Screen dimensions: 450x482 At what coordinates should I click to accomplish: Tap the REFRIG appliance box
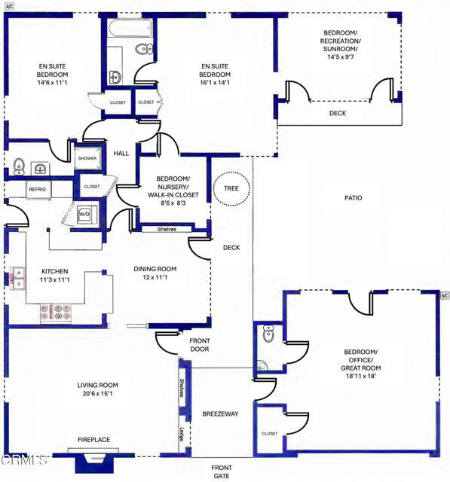click(x=38, y=190)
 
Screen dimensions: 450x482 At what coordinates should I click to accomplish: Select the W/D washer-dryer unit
click(x=84, y=214)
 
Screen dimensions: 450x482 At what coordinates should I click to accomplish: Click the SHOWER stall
click(x=87, y=158)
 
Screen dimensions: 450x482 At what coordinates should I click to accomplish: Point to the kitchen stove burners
click(x=56, y=312)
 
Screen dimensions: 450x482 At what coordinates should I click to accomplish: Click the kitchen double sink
click(x=17, y=279)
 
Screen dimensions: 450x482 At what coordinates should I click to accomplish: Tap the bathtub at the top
click(x=130, y=29)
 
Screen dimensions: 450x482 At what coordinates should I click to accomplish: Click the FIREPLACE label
click(x=93, y=440)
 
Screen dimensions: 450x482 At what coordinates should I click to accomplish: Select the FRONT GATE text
click(x=222, y=472)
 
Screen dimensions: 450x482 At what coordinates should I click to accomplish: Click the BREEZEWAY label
click(x=220, y=413)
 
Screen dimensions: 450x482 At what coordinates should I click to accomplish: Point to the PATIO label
click(x=353, y=198)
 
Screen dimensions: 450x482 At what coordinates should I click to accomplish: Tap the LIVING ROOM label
click(x=97, y=385)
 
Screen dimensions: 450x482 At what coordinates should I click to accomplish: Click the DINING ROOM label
click(x=155, y=269)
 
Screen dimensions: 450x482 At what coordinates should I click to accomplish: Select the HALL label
click(x=121, y=154)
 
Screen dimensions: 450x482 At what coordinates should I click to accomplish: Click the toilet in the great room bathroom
click(x=268, y=333)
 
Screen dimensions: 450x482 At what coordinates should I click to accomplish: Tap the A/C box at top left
click(x=10, y=6)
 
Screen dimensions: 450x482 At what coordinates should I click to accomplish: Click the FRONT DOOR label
click(x=200, y=345)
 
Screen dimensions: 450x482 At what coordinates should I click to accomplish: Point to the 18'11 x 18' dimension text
click(x=361, y=376)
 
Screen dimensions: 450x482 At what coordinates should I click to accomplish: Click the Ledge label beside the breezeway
click(x=182, y=435)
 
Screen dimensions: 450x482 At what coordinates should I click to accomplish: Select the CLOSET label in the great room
click(x=270, y=434)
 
